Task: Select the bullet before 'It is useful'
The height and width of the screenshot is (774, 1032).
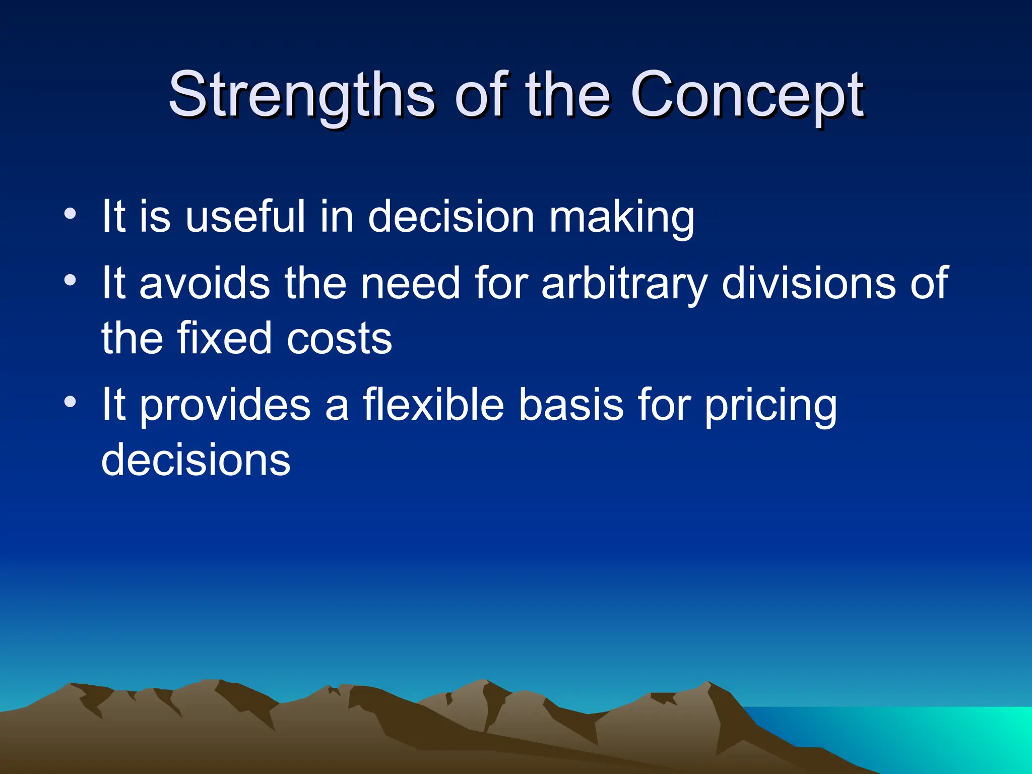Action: tap(71, 214)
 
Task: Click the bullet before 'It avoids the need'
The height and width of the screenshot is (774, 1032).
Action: tap(71, 280)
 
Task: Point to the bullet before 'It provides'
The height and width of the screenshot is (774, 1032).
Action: tap(71, 402)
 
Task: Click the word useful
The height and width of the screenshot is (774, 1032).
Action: tap(245, 217)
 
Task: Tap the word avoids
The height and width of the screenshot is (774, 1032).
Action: tap(204, 284)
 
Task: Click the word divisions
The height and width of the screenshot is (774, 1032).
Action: tap(809, 284)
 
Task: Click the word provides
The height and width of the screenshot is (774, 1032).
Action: tap(225, 406)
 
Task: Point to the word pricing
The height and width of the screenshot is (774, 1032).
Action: tap(770, 406)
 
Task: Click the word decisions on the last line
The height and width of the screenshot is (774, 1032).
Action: tap(196, 460)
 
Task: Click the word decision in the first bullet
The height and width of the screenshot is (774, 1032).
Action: tap(450, 217)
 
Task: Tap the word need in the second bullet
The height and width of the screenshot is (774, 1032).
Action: tap(410, 284)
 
